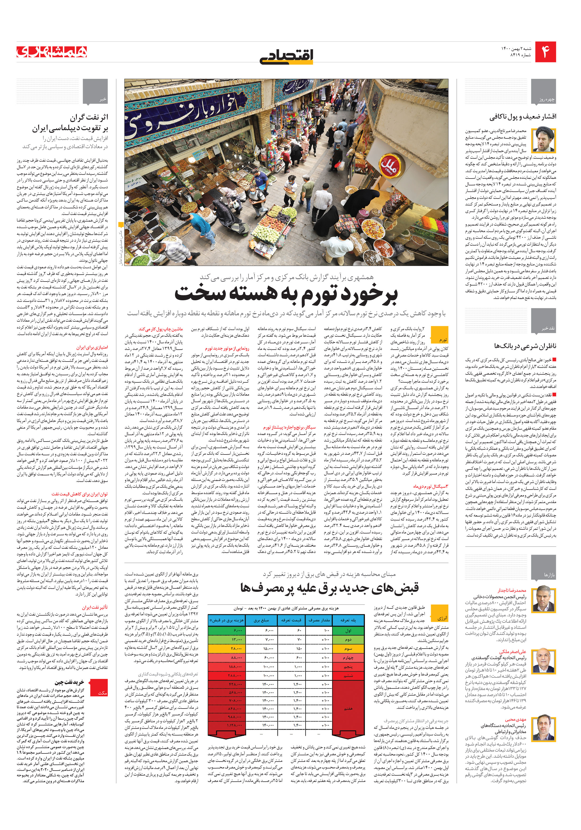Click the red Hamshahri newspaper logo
click(52, 52)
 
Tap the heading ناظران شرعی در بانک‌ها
click(525, 346)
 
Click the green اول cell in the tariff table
click(348, 630)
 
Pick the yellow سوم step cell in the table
click(348, 649)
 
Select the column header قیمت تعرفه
click(291, 620)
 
